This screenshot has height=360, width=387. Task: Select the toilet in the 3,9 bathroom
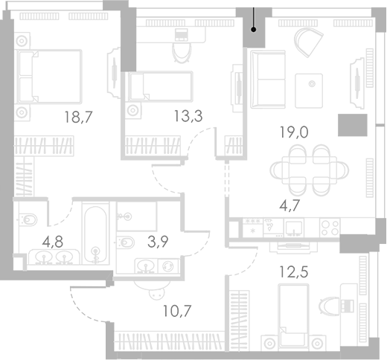(x=126, y=241)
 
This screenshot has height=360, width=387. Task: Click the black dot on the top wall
(x=255, y=30)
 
